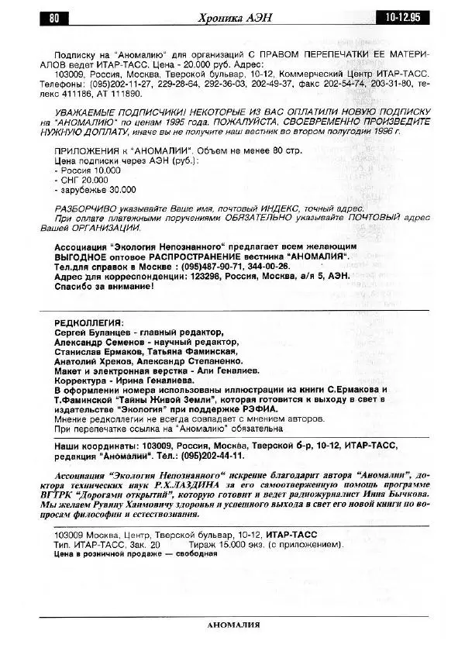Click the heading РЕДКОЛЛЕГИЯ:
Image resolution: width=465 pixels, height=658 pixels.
(88, 322)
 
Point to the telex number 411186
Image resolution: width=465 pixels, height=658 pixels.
(78, 93)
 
